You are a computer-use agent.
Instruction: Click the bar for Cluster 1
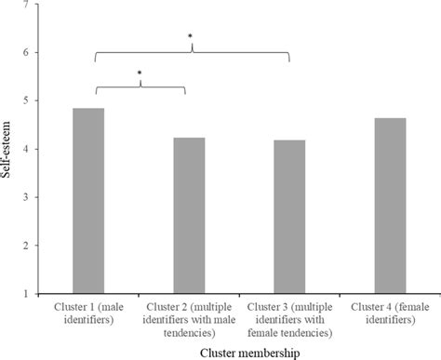(88, 200)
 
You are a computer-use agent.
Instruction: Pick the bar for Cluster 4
(390, 205)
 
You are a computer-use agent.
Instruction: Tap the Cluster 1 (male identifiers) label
(88, 313)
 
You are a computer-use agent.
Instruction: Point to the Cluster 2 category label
(189, 313)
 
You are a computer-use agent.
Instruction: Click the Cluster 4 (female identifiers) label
(390, 313)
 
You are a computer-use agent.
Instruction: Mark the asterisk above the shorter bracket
(140, 73)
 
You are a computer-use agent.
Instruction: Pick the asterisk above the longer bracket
(191, 38)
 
